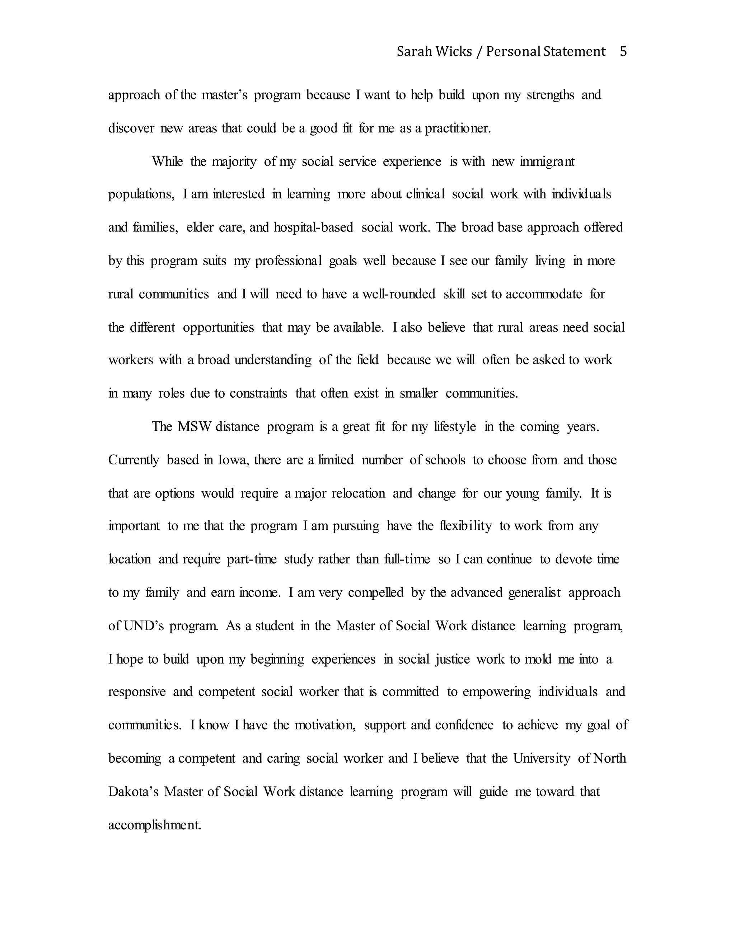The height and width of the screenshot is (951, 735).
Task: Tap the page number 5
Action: (623, 52)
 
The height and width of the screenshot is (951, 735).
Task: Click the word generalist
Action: (534, 592)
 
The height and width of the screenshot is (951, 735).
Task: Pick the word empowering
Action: (497, 692)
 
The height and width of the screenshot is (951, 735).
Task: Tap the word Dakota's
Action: (133, 792)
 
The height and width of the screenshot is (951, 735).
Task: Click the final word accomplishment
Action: (155, 825)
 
